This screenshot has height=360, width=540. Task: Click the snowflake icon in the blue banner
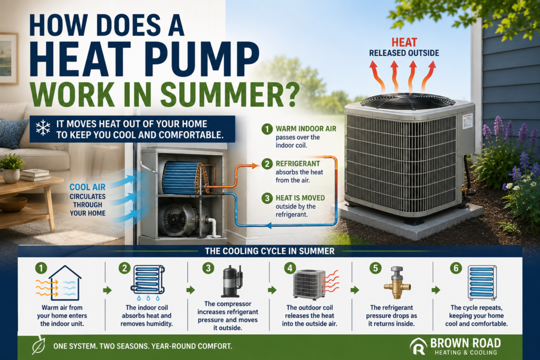[43, 128]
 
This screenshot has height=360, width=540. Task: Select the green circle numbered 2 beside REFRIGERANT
[267, 163]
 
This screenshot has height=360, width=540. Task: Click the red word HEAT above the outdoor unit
[404, 43]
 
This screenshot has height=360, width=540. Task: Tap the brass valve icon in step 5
[397, 283]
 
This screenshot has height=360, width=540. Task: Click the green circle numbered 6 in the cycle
[456, 268]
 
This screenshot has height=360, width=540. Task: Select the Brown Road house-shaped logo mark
[418, 346]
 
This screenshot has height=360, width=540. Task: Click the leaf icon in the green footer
[38, 345]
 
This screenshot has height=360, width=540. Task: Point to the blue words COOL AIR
[88, 187]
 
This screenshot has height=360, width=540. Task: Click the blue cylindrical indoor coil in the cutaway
[182, 178]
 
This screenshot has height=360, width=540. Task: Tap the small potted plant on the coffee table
[12, 169]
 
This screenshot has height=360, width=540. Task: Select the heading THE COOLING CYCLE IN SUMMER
[269, 251]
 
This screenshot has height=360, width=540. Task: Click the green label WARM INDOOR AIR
[306, 129]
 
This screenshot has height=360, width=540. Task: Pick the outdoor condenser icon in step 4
[309, 284]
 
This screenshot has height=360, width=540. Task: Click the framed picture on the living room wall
[8, 59]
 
